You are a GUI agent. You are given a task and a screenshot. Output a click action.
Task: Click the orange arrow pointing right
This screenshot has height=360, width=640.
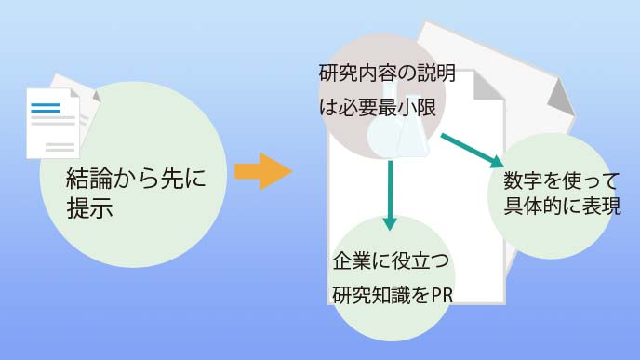tap(261, 171)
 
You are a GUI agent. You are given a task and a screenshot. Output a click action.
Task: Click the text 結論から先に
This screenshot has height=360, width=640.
tap(133, 177)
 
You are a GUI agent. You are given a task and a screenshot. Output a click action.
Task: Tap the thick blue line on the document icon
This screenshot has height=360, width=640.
tap(45, 105)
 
